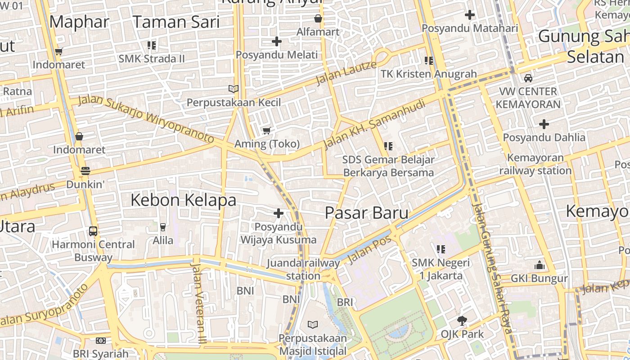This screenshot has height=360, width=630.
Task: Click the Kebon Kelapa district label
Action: [x=183, y=200]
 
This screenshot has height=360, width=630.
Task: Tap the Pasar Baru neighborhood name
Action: [x=366, y=213]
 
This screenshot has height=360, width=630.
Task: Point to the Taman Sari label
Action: [x=176, y=22]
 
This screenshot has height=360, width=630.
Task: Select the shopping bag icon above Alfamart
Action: [x=318, y=19]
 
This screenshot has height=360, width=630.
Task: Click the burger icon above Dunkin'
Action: [x=85, y=171]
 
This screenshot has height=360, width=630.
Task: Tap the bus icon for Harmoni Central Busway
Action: [x=93, y=231]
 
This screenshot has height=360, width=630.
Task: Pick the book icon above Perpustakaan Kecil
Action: [x=233, y=89]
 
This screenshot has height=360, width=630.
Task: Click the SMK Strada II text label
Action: [x=152, y=59]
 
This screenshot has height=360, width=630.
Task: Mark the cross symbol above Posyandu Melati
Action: [x=277, y=41]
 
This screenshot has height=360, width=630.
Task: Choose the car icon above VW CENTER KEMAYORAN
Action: [x=528, y=78]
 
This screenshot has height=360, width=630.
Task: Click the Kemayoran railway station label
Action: [x=535, y=164]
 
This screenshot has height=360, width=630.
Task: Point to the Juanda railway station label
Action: [x=303, y=269]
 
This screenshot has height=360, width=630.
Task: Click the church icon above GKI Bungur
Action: [x=540, y=265]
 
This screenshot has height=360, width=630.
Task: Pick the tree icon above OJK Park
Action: [x=462, y=321]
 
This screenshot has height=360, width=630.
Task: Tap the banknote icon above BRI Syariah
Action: [x=101, y=341]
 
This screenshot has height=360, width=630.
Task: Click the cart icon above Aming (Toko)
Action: [x=267, y=130]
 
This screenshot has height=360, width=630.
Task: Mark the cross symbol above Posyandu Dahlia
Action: [x=544, y=124]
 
